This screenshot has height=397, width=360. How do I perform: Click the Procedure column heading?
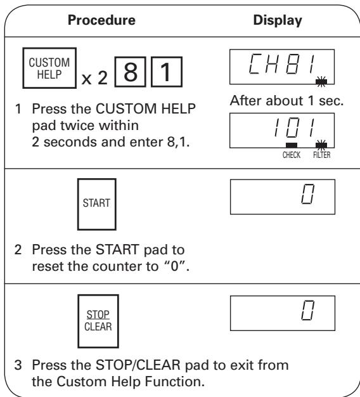(x=101, y=20)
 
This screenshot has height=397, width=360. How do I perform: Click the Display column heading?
(x=278, y=20)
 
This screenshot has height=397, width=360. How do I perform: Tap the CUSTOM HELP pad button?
(x=49, y=68)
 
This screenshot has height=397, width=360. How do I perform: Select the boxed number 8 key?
(x=131, y=72)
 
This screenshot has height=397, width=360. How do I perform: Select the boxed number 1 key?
(x=167, y=72)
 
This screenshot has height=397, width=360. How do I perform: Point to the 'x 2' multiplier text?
(x=94, y=78)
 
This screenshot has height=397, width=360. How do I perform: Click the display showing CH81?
(x=282, y=67)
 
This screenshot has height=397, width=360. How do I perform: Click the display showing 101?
(x=282, y=131)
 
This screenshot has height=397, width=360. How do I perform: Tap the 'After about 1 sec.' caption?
(x=286, y=100)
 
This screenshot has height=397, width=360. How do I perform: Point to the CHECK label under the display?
(x=292, y=155)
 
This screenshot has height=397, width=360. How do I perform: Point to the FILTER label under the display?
(x=322, y=155)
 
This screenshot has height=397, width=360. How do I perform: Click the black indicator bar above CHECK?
(x=292, y=145)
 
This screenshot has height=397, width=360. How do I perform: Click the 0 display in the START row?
(x=283, y=197)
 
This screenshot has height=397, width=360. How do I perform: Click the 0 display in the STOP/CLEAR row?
(x=283, y=313)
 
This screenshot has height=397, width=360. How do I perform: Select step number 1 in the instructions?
(x=18, y=109)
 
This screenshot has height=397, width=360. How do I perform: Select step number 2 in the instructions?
(x=18, y=250)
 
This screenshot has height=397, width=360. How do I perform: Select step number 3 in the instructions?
(x=18, y=365)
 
